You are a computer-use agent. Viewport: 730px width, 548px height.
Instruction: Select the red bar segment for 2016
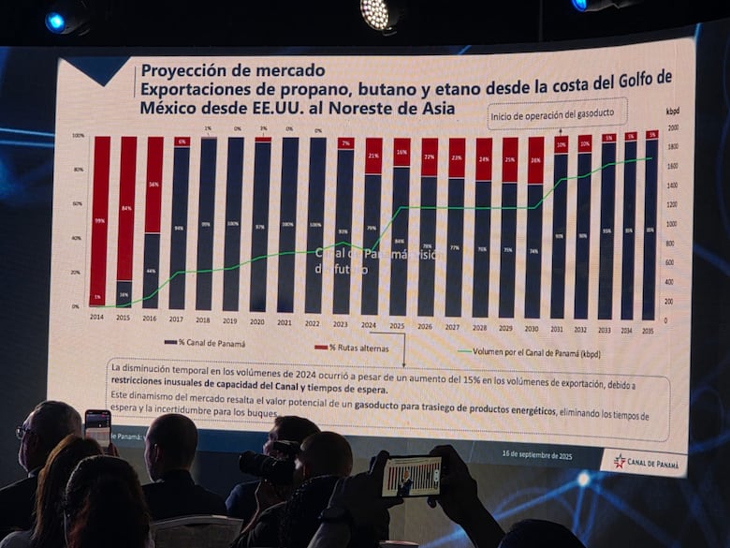tap(153, 185)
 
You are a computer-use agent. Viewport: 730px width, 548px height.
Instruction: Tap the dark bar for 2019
tap(233, 225)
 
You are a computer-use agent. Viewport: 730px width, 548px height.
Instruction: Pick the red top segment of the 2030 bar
tap(535, 160)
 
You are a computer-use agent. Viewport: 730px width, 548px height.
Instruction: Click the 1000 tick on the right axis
tap(671, 224)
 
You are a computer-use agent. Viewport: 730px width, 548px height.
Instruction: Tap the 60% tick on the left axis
tap(78, 203)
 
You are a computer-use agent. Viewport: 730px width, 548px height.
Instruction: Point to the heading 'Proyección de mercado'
tap(232, 70)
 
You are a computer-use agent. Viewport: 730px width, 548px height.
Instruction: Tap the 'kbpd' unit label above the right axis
tap(672, 111)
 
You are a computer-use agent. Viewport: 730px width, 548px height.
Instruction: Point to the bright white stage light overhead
tap(375, 13)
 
